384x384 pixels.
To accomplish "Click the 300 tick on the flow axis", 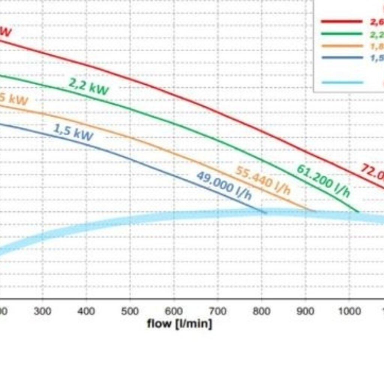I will (42, 311).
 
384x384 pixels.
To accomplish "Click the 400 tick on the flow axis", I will (86, 311).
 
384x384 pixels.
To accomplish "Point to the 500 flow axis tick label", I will (130, 311).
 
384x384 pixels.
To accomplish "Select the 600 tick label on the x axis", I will (174, 311).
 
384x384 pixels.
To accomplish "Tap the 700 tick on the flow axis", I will (218, 311).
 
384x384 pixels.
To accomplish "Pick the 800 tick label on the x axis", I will (262, 311).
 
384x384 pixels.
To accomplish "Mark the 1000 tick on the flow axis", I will (349, 311).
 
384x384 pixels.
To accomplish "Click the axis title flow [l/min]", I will (179, 323).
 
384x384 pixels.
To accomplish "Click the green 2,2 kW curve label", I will (88, 87).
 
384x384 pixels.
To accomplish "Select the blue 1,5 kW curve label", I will (73, 132).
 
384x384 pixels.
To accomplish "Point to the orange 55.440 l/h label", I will (263, 180).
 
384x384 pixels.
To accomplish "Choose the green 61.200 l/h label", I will (323, 180).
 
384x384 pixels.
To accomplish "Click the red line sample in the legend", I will (342, 21).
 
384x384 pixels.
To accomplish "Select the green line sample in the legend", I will (342, 34).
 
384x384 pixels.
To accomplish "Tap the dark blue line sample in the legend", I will (342, 58).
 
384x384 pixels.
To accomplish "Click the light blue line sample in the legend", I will (342, 82).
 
